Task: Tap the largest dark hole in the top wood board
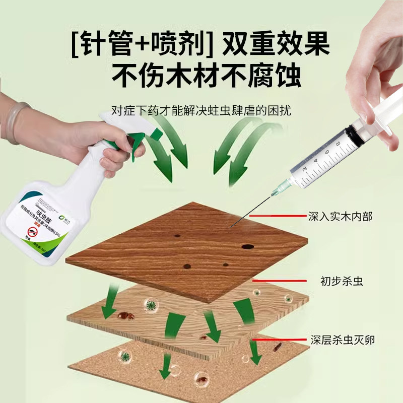[247, 246]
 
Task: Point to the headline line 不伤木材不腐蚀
[201, 76]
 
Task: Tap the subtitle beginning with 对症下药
[201, 109]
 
